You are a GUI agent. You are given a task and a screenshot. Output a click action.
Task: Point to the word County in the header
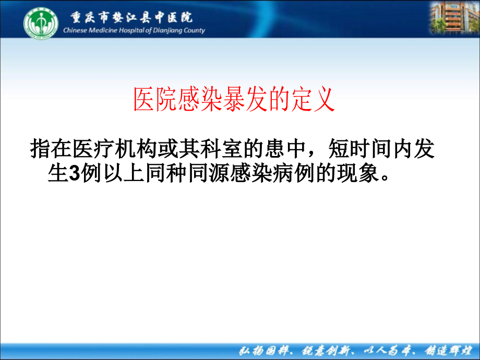tap(193, 31)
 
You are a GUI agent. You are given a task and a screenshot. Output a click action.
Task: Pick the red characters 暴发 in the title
tap(234, 100)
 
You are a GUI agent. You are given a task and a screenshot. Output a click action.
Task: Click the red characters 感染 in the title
tap(191, 100)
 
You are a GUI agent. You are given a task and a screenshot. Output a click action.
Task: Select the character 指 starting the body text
tap(40, 149)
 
